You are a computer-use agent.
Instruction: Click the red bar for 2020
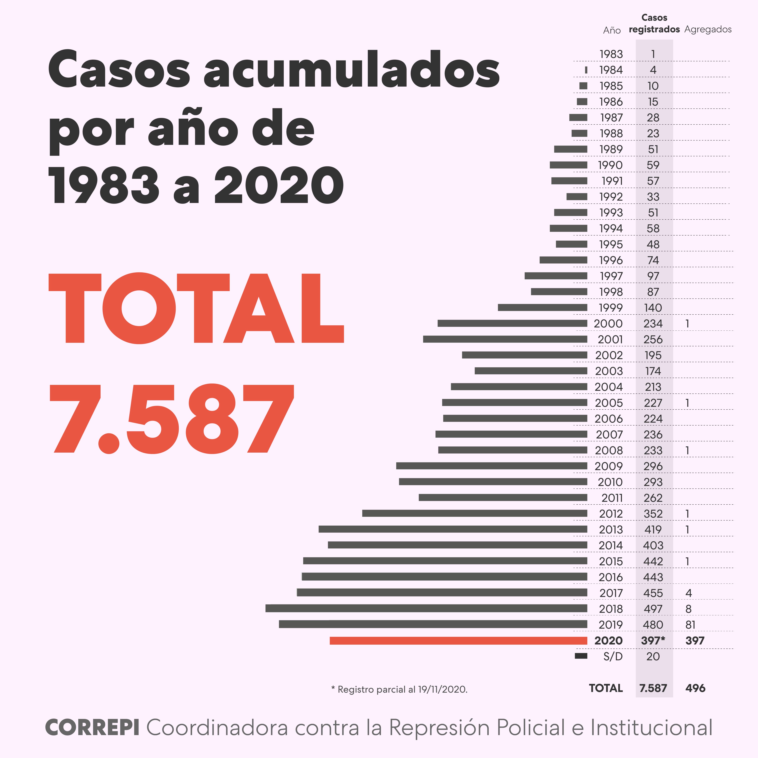(458, 641)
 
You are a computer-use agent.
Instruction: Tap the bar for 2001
(505, 339)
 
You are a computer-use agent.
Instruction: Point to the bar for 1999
(543, 308)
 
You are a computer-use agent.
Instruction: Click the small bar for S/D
(581, 656)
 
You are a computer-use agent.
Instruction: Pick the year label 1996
(611, 260)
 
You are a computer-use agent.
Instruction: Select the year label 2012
(611, 514)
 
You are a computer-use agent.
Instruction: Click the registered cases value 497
(653, 609)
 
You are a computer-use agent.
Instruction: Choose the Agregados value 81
(690, 625)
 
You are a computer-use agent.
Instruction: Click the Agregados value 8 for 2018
(689, 609)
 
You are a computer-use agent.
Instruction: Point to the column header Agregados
(708, 29)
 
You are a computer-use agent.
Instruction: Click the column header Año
(612, 30)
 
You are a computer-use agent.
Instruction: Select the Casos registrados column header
(654, 24)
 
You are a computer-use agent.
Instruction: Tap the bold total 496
(695, 688)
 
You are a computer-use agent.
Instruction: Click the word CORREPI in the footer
(93, 728)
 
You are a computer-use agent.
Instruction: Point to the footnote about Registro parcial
(399, 689)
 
